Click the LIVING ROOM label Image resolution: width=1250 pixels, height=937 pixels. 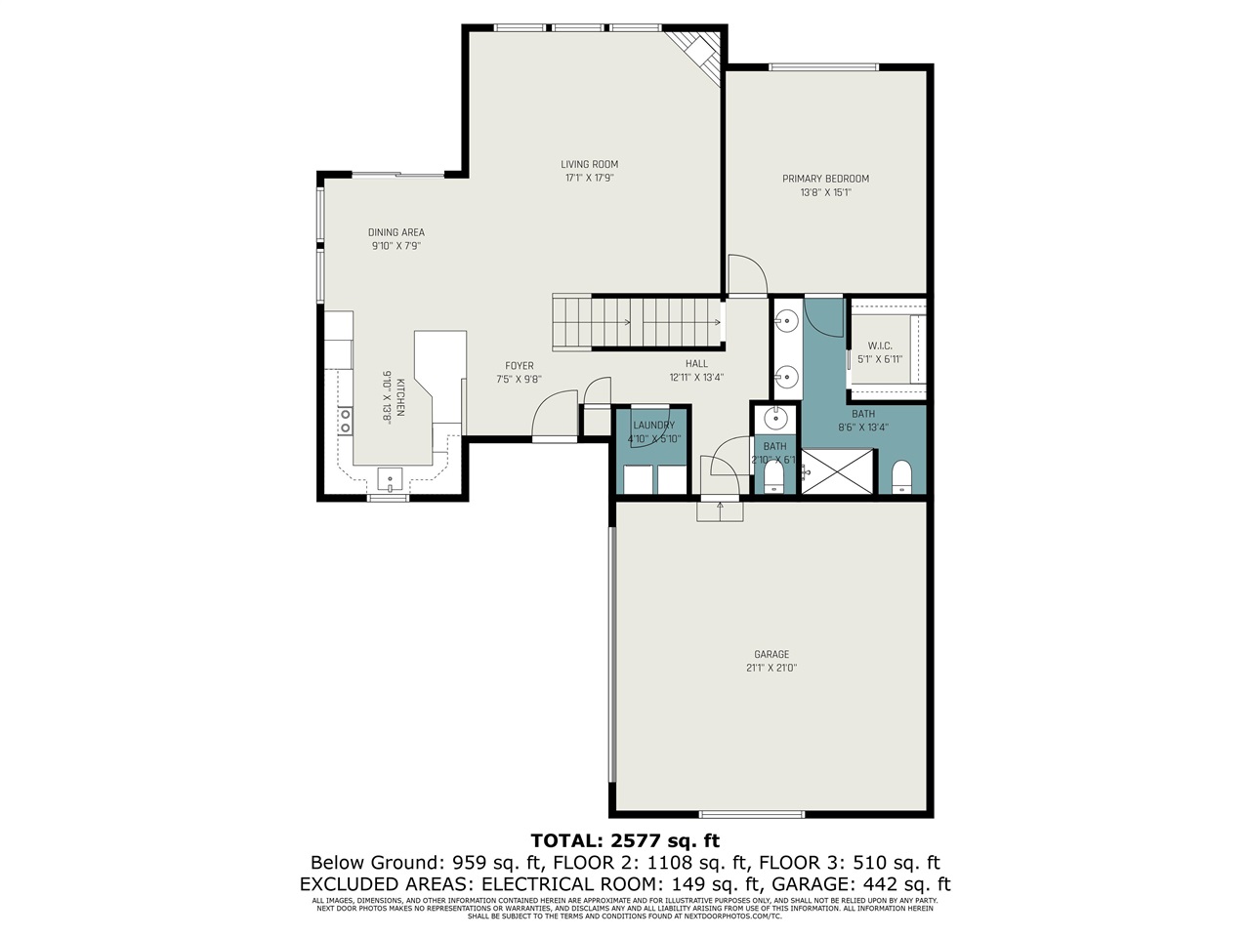(x=589, y=164)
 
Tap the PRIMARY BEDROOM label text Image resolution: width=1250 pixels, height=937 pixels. (x=825, y=179)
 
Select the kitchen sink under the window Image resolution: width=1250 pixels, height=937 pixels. (x=390, y=480)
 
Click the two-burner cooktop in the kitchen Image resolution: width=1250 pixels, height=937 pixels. (x=345, y=421)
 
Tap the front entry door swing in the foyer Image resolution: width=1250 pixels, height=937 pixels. (x=555, y=415)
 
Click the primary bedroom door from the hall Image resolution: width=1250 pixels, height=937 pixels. (x=746, y=274)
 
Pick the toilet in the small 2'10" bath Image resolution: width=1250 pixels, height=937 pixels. (x=772, y=477)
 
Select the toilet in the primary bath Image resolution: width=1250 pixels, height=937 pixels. (x=900, y=476)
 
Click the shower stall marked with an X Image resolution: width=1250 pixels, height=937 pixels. (x=837, y=470)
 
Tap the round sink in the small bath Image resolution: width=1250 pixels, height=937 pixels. (x=775, y=419)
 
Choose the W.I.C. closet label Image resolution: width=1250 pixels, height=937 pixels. (x=880, y=346)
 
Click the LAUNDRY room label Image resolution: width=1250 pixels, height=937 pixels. (x=653, y=426)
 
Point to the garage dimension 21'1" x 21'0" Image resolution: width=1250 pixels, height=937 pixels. (x=771, y=669)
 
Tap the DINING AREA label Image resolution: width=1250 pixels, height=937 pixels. (x=396, y=232)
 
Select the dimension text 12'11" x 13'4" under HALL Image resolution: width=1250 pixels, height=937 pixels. (x=696, y=378)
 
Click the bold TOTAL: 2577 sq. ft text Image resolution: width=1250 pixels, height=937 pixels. (x=625, y=840)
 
